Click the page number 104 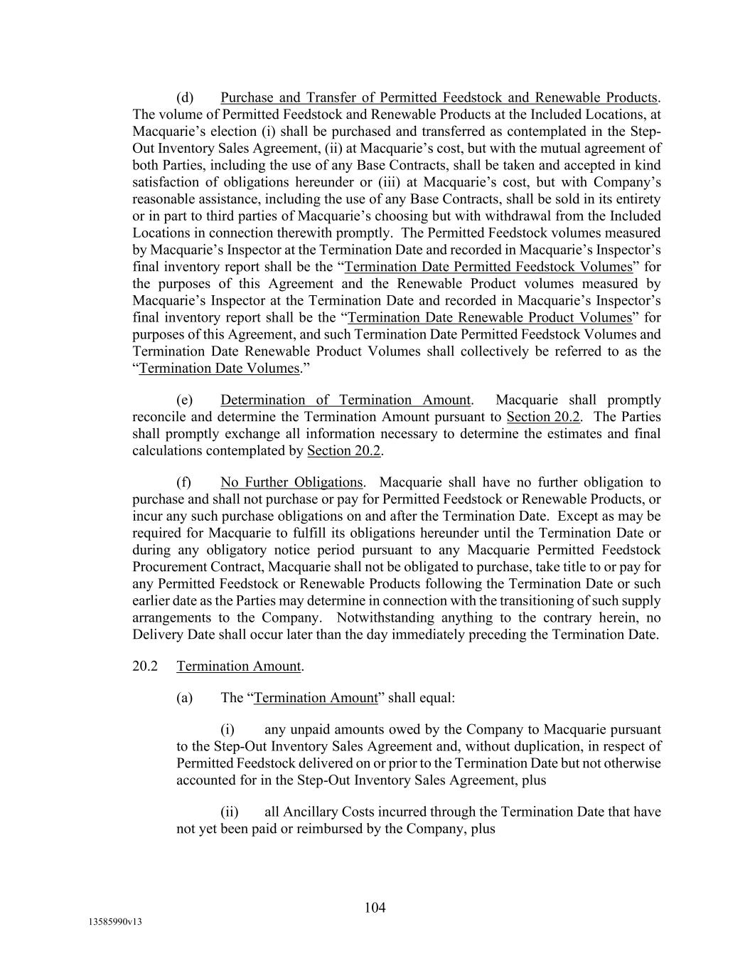click(x=375, y=907)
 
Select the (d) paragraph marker click(x=185, y=97)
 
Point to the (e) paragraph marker click(x=185, y=400)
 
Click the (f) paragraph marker click(x=184, y=482)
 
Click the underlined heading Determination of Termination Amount click(x=345, y=400)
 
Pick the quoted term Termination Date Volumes click(x=219, y=368)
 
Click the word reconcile click(x=159, y=417)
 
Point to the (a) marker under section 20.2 click(x=184, y=697)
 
